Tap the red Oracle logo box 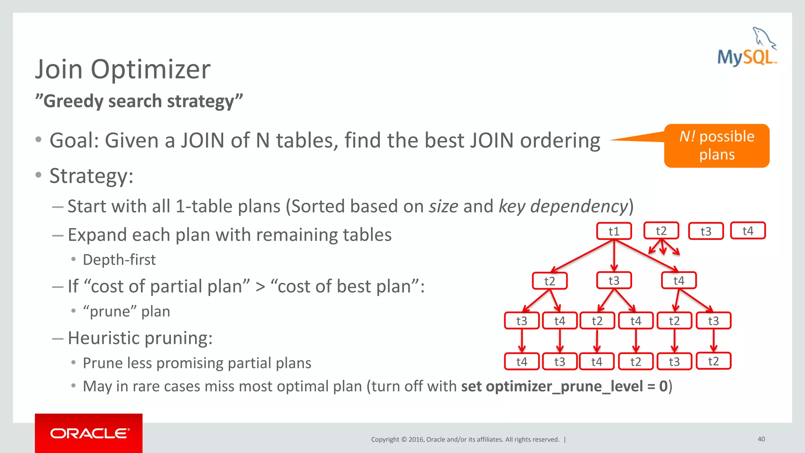click(88, 433)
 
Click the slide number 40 click(761, 439)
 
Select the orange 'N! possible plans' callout click(717, 145)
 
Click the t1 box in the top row click(614, 231)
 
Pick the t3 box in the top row click(706, 231)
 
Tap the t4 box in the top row click(748, 231)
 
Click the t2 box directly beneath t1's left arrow click(550, 281)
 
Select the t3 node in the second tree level click(614, 281)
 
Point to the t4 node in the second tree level click(679, 281)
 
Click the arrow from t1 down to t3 click(614, 256)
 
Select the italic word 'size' click(443, 206)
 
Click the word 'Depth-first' click(119, 260)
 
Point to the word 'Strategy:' click(91, 176)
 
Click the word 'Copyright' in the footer click(385, 439)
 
